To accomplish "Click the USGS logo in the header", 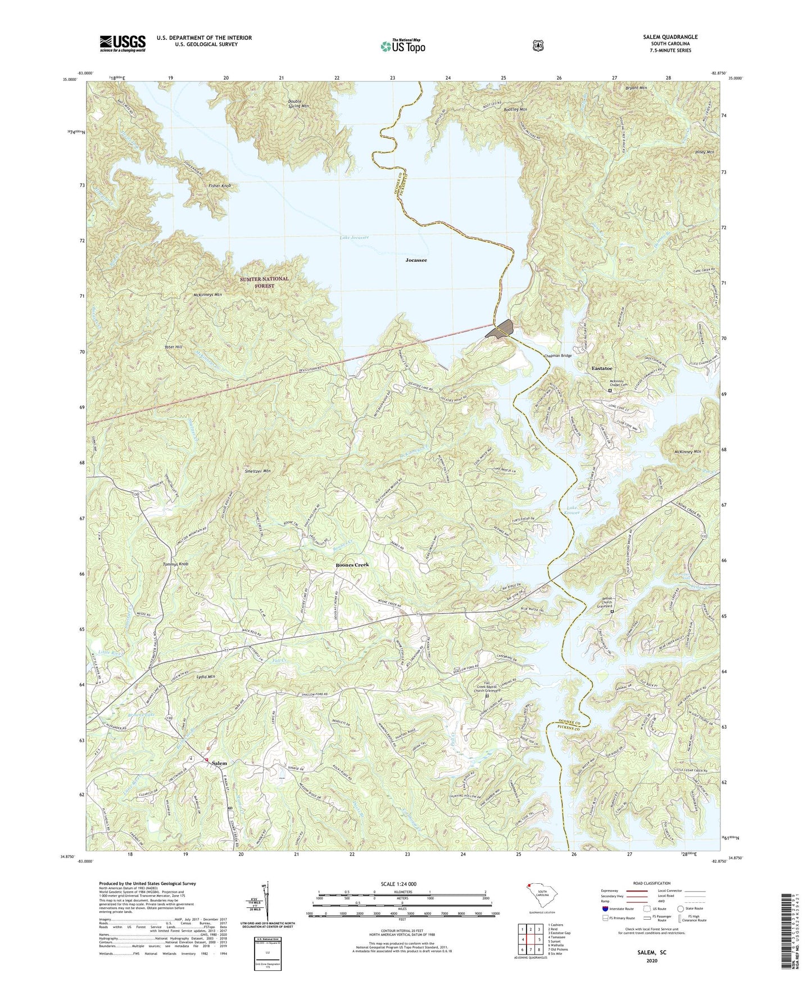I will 123,43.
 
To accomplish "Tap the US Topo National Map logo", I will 402,46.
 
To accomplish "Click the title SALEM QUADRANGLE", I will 670,37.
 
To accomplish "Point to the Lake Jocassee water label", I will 354,238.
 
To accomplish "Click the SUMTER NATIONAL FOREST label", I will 264,282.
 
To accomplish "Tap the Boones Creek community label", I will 352,565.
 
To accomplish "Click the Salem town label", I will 219,763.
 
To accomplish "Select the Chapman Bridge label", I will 557,356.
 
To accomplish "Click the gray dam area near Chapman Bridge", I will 501,328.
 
